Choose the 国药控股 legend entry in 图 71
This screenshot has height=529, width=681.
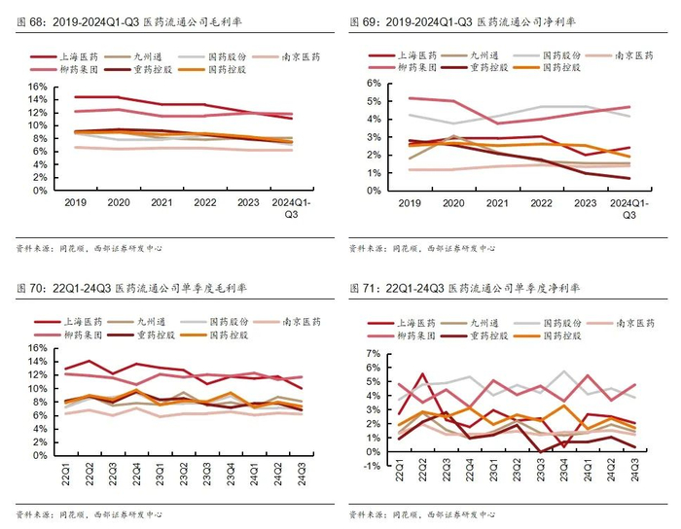[x=562, y=335]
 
